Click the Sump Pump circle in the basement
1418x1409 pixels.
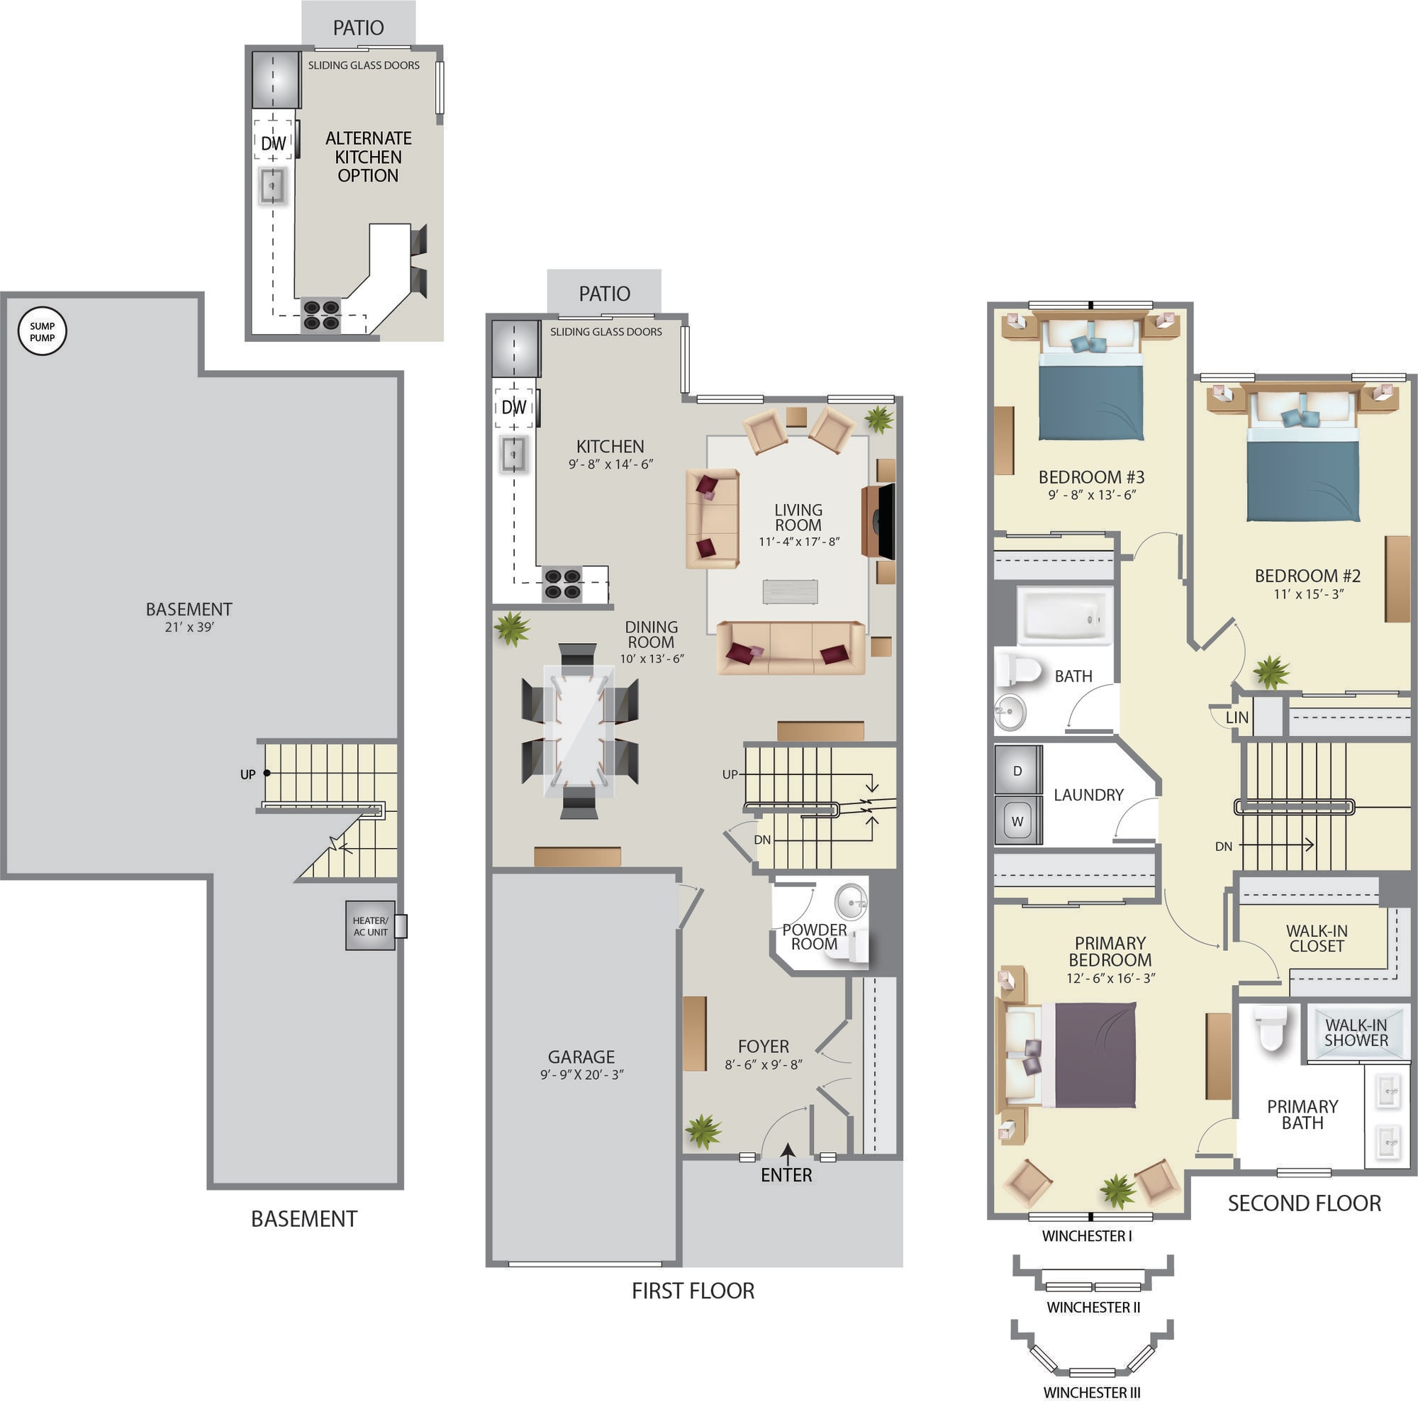[42, 331]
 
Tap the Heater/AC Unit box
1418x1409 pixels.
[371, 926]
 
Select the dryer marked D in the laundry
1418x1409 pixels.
[1017, 770]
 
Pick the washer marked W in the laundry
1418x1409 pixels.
[1017, 821]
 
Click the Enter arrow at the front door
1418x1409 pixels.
[788, 1154]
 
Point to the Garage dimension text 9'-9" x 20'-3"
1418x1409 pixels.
[582, 1074]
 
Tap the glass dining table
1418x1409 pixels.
[579, 730]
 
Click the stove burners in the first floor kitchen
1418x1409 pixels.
[562, 584]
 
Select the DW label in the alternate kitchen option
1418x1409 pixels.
[273, 143]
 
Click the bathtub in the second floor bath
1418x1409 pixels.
[1065, 616]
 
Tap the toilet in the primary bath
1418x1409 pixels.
[1271, 1028]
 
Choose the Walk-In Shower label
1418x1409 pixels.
[1356, 1032]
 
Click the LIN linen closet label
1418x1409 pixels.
[1236, 718]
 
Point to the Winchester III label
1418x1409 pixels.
[1091, 1392]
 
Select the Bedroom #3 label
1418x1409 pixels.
[1091, 477]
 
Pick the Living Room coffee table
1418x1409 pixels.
[790, 592]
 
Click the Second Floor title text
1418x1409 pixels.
[1305, 1203]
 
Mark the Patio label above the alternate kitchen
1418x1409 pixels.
[358, 28]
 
